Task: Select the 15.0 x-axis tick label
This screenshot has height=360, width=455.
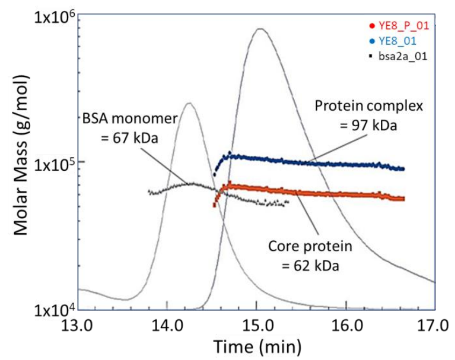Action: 257,326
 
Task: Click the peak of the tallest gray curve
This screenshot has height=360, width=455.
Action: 260,28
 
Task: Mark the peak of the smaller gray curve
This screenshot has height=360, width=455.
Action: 188,103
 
